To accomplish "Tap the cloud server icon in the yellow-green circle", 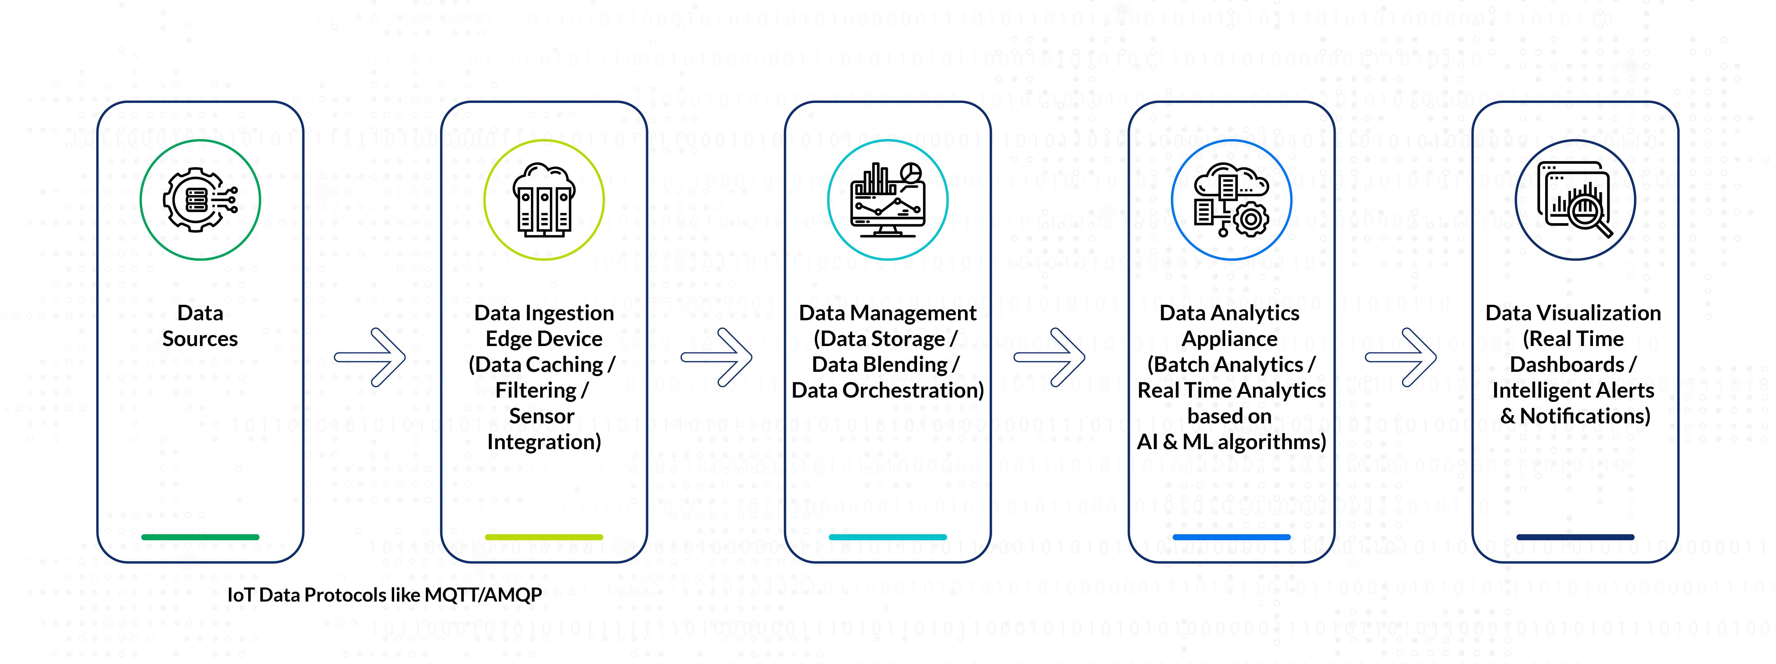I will [x=544, y=200].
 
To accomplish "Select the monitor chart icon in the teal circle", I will [x=887, y=200].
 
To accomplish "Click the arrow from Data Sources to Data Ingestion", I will [x=370, y=357].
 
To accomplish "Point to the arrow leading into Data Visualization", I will [x=1401, y=357].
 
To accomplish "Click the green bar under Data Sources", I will [x=200, y=537].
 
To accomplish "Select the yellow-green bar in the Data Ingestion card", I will [x=544, y=537].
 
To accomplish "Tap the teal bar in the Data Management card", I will [x=887, y=537].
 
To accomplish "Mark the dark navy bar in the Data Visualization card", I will [x=1575, y=537].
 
